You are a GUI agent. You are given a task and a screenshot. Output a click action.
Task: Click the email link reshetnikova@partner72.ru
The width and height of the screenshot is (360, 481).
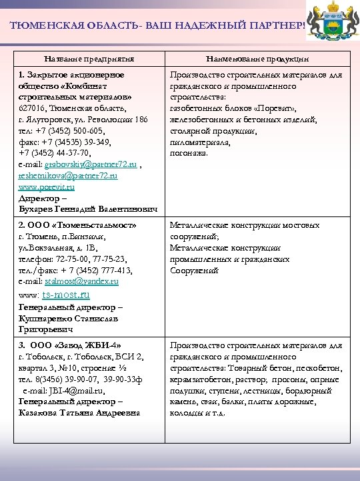[68, 176]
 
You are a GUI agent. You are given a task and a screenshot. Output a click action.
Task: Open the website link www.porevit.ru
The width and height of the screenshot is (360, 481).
[47, 188]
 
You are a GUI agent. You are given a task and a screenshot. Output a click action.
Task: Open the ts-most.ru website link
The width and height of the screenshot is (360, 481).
[66, 294]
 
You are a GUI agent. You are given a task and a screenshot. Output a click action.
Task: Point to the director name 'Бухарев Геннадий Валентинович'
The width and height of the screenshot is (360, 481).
[89, 210]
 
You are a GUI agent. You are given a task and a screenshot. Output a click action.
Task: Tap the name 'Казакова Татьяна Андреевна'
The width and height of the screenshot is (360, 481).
[80, 413]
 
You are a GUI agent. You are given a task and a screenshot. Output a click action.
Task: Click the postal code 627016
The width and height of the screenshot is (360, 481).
[33, 108]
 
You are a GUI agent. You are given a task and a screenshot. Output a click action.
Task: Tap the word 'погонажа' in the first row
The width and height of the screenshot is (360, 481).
[189, 153]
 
